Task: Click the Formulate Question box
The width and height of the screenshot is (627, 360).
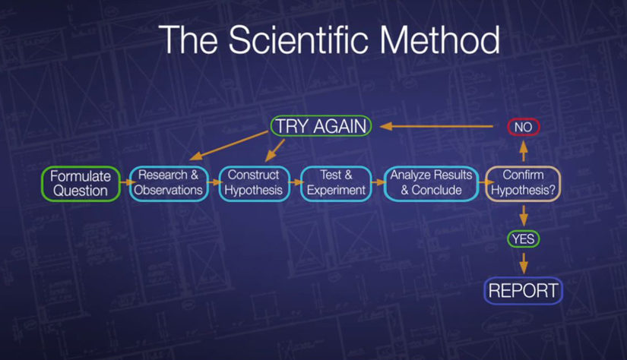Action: (81, 184)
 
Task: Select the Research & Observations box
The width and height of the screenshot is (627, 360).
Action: (169, 184)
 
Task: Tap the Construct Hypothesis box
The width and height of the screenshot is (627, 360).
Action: (255, 184)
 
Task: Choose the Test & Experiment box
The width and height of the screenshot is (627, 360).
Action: (336, 184)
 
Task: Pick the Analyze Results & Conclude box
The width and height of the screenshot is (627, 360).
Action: (431, 184)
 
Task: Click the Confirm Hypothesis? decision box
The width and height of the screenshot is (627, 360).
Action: (523, 184)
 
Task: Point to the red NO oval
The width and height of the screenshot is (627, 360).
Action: (524, 128)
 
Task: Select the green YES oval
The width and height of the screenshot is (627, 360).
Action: (524, 239)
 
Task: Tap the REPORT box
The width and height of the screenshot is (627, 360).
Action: (524, 290)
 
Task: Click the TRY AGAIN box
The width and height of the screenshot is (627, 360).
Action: (321, 126)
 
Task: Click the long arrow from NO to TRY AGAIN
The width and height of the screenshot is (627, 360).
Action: (437, 127)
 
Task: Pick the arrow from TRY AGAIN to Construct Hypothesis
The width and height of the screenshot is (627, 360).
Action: (275, 150)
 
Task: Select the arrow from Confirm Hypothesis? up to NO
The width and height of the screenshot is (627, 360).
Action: (524, 151)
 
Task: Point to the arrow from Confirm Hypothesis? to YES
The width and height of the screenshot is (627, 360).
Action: (524, 216)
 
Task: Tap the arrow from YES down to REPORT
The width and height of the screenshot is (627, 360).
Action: (524, 263)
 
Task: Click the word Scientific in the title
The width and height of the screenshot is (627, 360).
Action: (299, 39)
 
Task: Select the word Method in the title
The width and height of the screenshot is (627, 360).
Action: (439, 39)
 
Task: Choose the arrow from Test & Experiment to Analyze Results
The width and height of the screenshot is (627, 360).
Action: (378, 182)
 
